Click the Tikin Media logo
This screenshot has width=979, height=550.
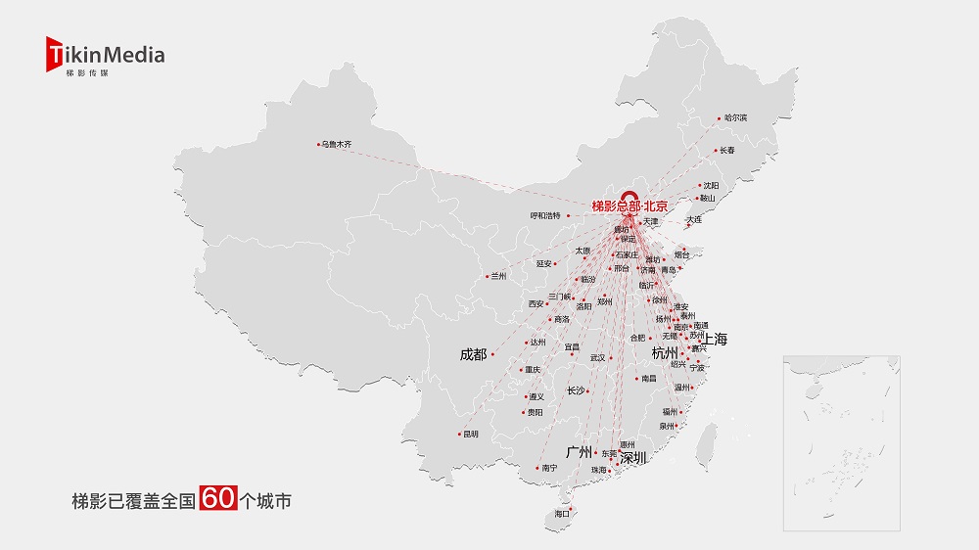click(x=105, y=56)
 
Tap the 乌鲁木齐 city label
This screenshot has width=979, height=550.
click(x=337, y=145)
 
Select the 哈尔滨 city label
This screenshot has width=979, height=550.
click(x=735, y=118)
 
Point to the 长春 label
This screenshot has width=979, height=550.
click(x=726, y=151)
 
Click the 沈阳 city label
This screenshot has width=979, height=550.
click(x=710, y=185)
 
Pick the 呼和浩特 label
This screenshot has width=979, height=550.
click(x=545, y=215)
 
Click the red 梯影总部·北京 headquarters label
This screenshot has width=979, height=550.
click(x=629, y=206)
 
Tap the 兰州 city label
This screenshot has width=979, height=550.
click(x=499, y=276)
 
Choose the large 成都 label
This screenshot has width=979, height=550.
click(x=473, y=354)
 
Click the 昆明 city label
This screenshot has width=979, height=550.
click(x=471, y=434)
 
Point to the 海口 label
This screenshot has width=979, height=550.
click(x=561, y=514)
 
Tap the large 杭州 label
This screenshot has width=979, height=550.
click(x=665, y=352)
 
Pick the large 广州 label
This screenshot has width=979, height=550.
click(x=580, y=452)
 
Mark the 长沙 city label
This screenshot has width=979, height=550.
click(x=576, y=390)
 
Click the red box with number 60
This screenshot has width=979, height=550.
click(x=217, y=499)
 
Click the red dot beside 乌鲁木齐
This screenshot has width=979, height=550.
click(x=319, y=145)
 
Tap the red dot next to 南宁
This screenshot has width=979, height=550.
click(x=536, y=469)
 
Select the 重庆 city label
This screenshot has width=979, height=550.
click(x=533, y=370)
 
